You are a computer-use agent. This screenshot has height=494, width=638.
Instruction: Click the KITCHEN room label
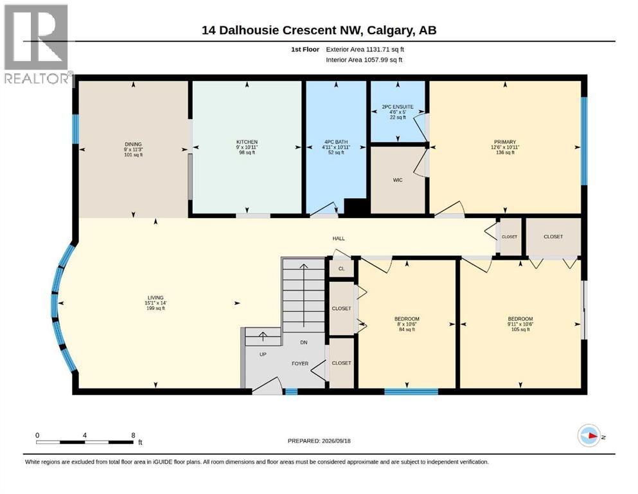(247, 142)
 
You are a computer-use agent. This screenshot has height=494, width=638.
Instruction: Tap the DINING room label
(133, 144)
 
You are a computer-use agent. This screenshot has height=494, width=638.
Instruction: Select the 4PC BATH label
(336, 142)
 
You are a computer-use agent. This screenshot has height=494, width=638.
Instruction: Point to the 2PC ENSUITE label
(398, 107)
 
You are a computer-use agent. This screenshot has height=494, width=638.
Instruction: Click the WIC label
(398, 180)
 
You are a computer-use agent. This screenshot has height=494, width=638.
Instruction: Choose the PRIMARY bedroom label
(505, 142)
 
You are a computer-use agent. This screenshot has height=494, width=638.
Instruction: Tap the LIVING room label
(155, 298)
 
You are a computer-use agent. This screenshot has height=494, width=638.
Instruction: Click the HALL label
(339, 239)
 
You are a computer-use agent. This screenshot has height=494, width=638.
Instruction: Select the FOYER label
(300, 363)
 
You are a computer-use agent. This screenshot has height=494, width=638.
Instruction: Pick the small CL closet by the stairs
(341, 269)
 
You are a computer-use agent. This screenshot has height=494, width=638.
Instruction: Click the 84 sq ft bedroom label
(407, 329)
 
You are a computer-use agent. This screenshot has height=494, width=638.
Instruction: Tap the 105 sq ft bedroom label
(520, 329)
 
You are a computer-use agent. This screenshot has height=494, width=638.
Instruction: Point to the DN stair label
(303, 342)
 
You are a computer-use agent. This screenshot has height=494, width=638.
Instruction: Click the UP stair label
(263, 354)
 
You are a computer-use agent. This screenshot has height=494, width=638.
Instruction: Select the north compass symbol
(589, 435)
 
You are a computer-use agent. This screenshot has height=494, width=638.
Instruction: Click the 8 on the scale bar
(133, 435)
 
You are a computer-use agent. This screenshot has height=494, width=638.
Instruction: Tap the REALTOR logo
(37, 44)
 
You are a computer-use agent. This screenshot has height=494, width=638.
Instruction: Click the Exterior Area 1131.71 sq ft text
(365, 50)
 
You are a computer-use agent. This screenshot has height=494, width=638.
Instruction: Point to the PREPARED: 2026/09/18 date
(319, 441)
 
